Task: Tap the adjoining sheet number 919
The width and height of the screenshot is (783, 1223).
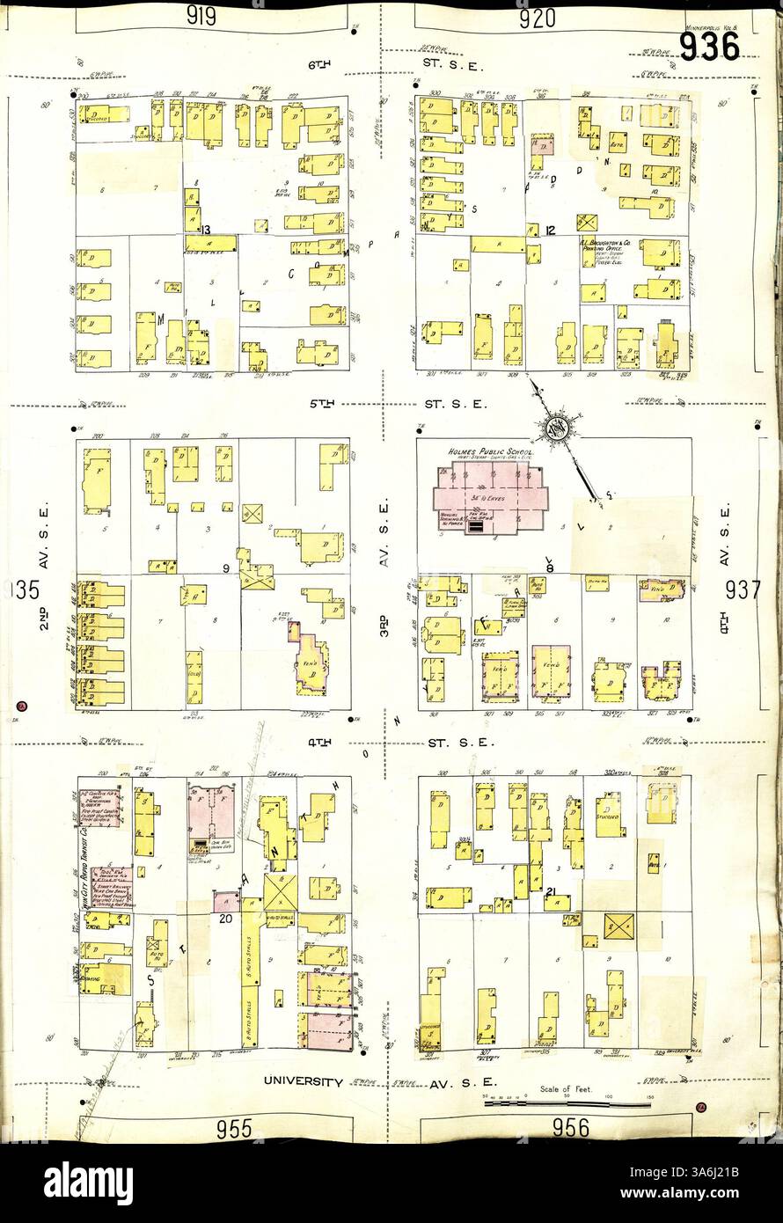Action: (x=201, y=17)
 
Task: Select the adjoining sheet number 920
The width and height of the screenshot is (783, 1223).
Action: (x=537, y=18)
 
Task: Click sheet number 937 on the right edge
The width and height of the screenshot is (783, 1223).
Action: (x=743, y=590)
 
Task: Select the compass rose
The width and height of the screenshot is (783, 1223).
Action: (x=556, y=429)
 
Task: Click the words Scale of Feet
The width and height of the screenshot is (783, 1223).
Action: (x=567, y=1089)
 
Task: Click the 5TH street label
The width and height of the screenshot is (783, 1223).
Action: (x=323, y=405)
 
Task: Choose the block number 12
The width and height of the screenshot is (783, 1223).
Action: (x=551, y=231)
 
